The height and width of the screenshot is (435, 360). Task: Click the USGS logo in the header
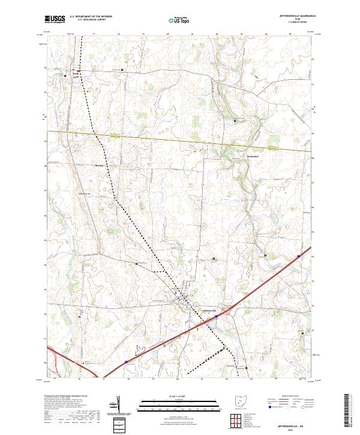click(x=54, y=19)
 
